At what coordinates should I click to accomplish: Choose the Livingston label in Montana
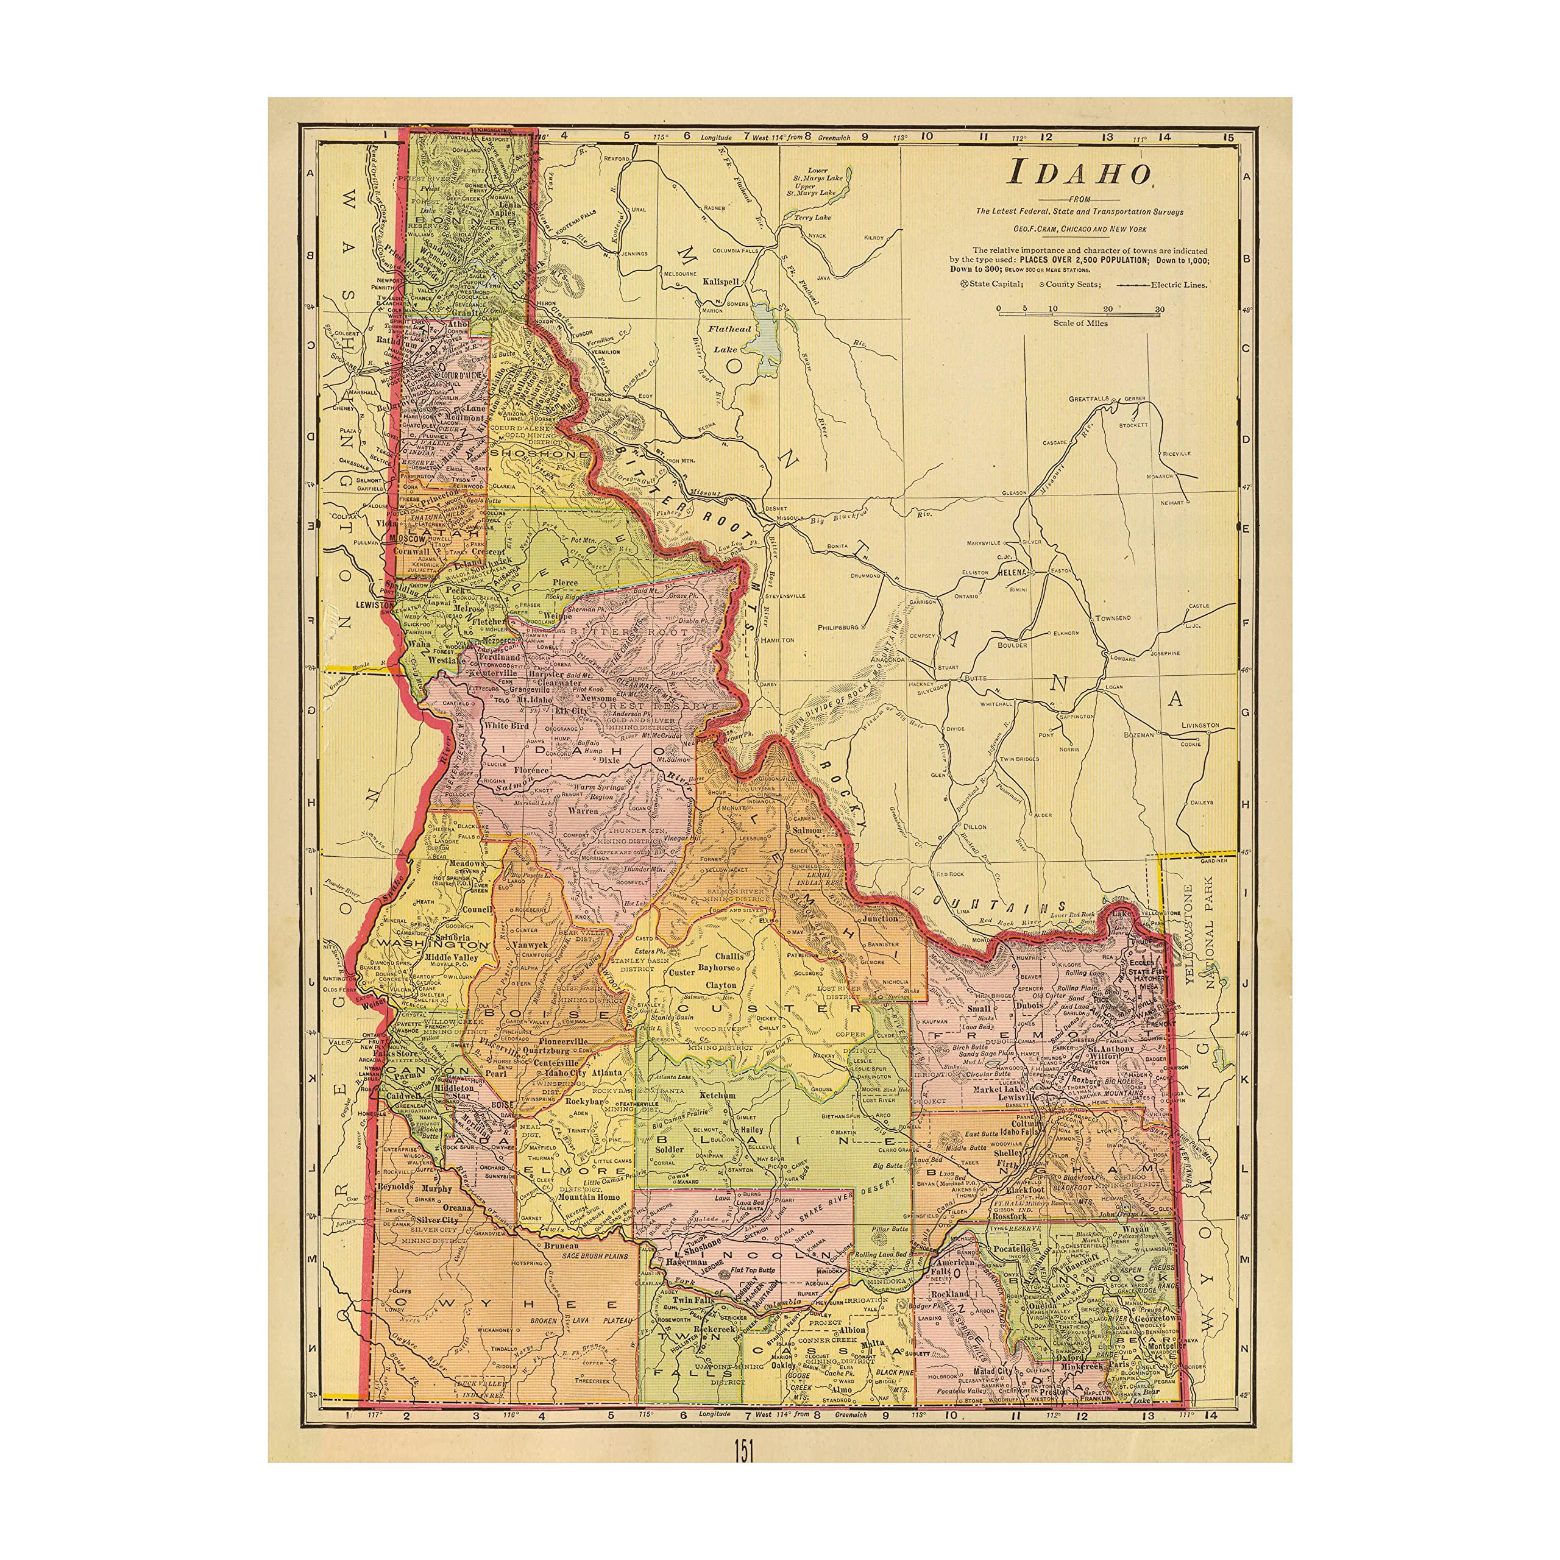[1199, 725]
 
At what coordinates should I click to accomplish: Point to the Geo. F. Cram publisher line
[1080, 229]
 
